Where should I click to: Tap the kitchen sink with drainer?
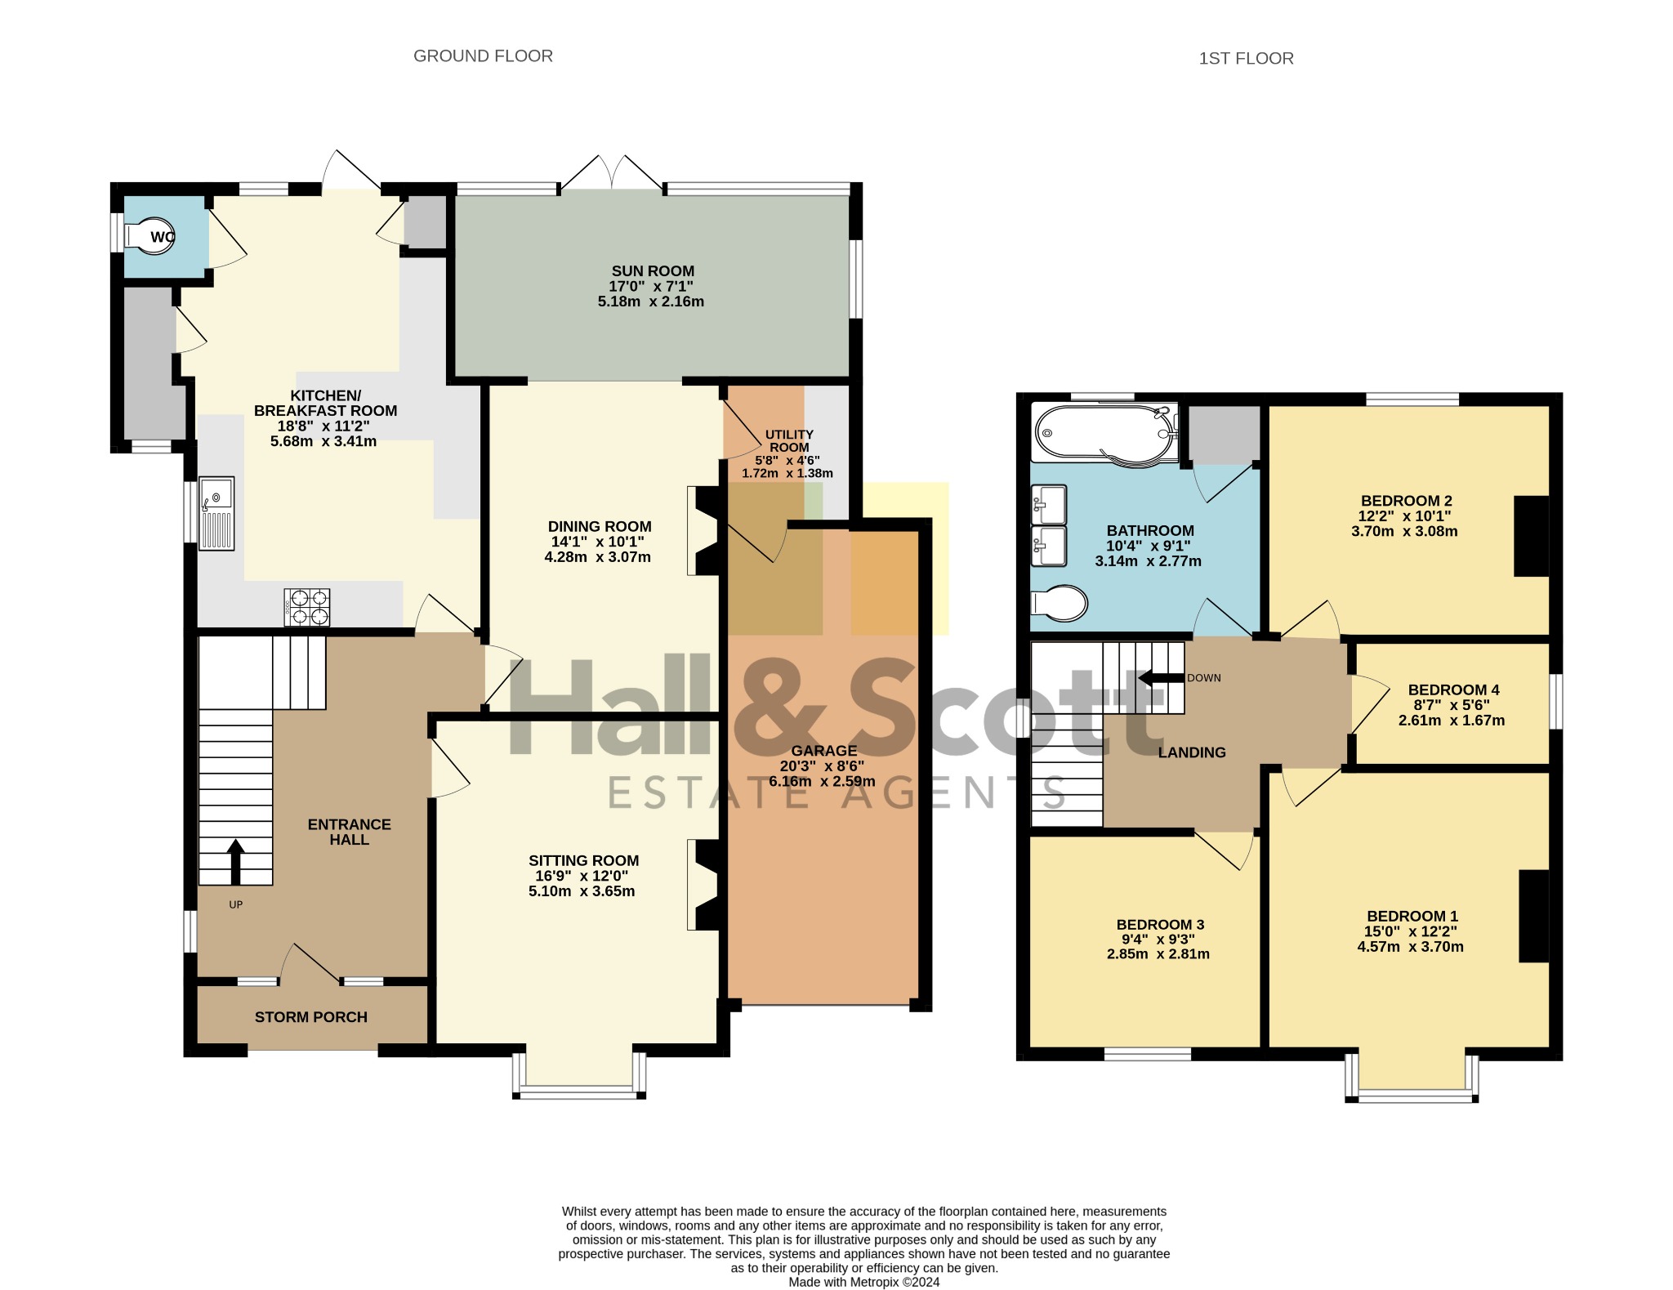216,513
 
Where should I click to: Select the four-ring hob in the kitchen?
307,608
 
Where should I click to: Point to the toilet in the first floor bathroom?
1060,604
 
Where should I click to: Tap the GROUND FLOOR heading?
483,56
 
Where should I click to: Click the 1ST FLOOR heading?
1246,59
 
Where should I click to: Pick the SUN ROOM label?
653,271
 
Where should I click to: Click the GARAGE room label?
823,751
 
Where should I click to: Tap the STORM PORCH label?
311,1017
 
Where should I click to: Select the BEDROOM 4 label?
1453,690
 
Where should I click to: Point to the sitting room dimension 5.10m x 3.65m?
582,891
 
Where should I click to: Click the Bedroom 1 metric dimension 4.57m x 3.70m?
1410,947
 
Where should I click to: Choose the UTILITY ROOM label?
789,441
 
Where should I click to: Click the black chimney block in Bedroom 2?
1532,536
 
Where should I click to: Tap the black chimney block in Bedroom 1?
1534,917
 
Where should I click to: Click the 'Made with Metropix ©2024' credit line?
863,1282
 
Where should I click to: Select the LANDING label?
1192,752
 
